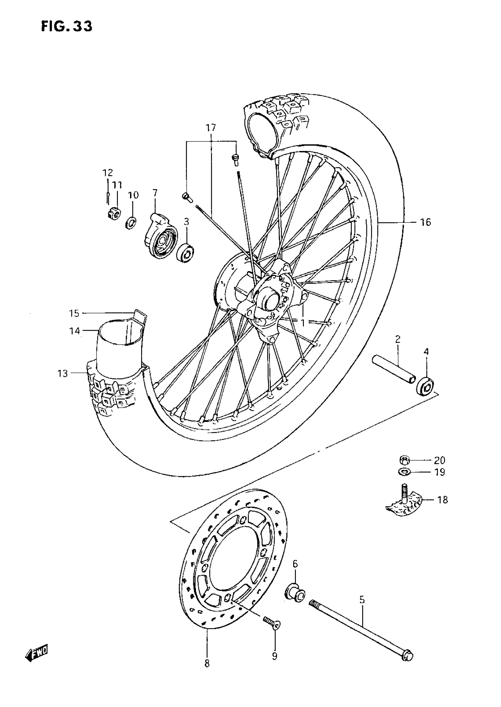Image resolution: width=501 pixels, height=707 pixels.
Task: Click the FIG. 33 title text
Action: [x=67, y=27]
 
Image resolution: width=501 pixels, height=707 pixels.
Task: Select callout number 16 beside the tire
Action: [x=426, y=223]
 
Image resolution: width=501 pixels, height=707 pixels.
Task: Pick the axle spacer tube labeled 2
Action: [x=394, y=370]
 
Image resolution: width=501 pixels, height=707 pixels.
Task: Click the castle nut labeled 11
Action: [x=114, y=212]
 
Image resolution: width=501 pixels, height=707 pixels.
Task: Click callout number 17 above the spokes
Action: [x=211, y=128]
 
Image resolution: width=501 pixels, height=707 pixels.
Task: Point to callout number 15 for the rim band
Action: [x=74, y=314]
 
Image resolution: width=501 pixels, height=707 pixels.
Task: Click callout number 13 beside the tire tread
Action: [x=62, y=374]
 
